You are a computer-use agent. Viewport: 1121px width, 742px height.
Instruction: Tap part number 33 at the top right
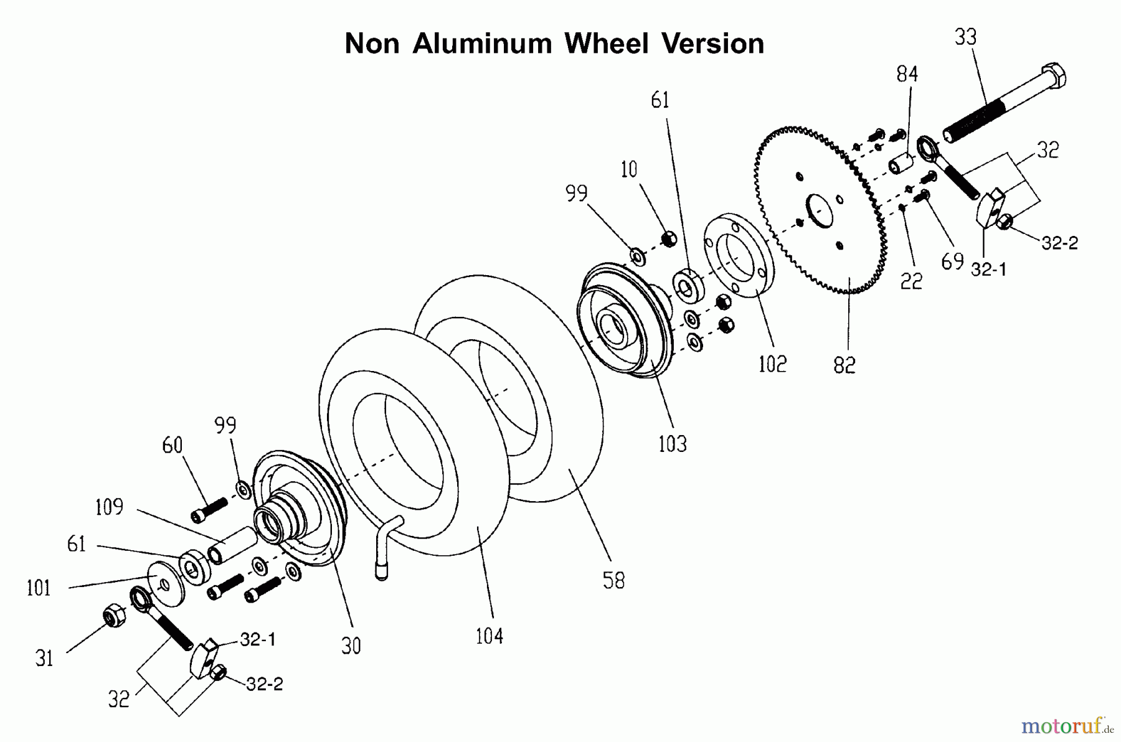(965, 37)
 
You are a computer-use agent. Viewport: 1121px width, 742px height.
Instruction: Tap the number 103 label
(672, 444)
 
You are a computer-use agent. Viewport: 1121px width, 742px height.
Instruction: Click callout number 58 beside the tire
(613, 581)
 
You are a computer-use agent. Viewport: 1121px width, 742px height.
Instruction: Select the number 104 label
(489, 636)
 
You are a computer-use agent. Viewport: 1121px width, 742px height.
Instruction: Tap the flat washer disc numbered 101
(166, 583)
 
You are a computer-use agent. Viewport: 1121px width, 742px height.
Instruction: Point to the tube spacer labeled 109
(232, 544)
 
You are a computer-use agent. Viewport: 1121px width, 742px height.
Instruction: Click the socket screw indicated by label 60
(209, 510)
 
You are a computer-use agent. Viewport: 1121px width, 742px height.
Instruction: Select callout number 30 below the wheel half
(351, 646)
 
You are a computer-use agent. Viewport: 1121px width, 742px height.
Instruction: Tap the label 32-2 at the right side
(1059, 243)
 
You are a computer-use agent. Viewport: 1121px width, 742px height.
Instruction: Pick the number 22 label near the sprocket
(911, 281)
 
